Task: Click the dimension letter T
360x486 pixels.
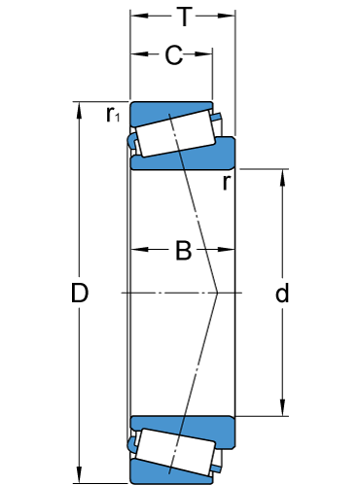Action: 184,17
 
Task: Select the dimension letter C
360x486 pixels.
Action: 174,54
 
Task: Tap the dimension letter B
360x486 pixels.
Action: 183,250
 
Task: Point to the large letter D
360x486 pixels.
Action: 80,293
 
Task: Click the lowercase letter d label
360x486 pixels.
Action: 282,293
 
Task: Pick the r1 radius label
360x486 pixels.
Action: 113,114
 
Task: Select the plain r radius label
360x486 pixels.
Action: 227,183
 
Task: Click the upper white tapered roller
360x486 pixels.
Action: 175,133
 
